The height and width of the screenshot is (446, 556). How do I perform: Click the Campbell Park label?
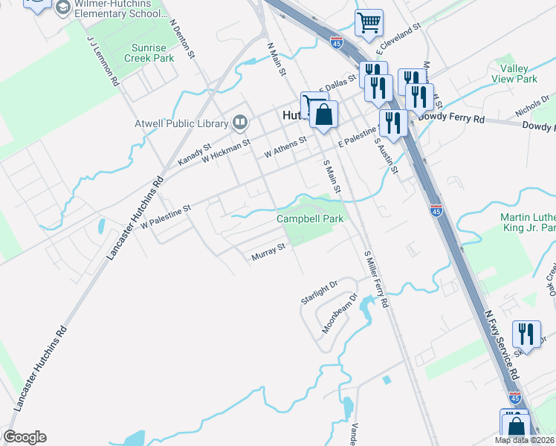click(310, 219)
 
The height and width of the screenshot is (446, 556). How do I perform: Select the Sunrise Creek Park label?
click(148, 52)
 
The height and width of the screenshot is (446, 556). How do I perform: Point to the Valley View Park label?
click(514, 74)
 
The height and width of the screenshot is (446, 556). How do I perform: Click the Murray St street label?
click(268, 252)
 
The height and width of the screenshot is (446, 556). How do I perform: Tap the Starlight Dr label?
click(319, 289)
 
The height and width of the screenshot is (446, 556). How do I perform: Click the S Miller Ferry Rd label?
click(376, 279)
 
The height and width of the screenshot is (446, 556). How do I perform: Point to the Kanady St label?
click(195, 155)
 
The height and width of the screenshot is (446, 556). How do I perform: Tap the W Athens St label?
click(285, 146)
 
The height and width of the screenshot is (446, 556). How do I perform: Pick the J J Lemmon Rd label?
click(103, 62)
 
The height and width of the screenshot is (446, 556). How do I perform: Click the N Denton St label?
click(182, 39)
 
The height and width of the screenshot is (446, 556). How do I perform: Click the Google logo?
click(25, 437)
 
